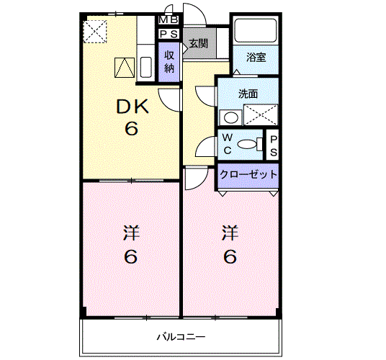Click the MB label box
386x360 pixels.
point(169,20)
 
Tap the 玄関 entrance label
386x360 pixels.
point(199,44)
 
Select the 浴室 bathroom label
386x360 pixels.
point(256,58)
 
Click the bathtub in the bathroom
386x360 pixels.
point(256,30)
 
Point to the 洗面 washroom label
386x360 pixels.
point(248,94)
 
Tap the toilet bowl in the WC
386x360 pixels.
point(248,144)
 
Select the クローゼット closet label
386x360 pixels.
point(248,174)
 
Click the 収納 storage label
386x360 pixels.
point(169,61)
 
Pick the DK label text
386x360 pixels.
point(133,107)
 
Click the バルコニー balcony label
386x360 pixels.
point(181,336)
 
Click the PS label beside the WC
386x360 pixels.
point(274,146)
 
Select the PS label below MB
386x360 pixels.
point(169,34)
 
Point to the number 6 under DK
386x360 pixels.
point(131,128)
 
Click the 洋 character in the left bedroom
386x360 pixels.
point(131,233)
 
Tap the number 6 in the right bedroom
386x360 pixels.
point(230,256)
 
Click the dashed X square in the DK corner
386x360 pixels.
point(95,31)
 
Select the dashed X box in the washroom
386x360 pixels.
point(261,114)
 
